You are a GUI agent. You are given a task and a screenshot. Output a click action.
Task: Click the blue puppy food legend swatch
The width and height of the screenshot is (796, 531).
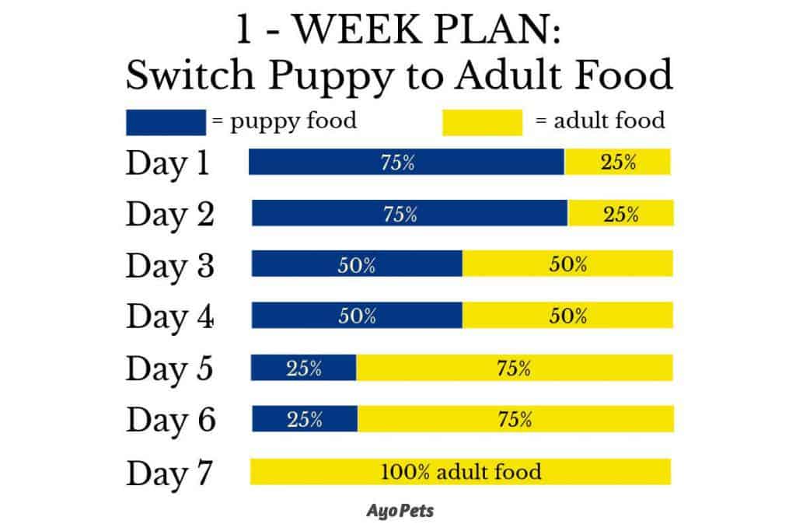coord(166,122)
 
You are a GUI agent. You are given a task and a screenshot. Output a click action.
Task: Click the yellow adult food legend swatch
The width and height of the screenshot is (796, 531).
coord(482,122)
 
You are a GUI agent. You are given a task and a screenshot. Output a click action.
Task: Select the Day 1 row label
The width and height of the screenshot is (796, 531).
coord(167,164)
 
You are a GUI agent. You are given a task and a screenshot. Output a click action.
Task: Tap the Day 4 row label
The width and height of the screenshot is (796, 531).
coord(169,317)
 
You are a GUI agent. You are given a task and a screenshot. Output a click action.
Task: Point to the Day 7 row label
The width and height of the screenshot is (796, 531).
coord(169,473)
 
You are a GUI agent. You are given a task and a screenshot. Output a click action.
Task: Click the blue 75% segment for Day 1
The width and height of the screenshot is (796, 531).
coord(407,162)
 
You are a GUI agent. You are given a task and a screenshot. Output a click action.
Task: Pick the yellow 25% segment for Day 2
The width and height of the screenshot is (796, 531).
coord(621,213)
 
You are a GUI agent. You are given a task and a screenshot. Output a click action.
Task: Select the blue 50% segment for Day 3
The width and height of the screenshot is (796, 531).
coord(357,264)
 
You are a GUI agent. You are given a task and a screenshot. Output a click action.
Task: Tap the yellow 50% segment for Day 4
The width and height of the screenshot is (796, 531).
coord(568,316)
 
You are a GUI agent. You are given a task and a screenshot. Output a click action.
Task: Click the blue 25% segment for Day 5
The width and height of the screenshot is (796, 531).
coord(304,368)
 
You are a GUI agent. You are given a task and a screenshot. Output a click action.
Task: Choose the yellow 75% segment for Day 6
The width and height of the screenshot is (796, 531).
coord(516,419)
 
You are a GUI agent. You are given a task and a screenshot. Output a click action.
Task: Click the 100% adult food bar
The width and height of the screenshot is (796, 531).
coord(461,472)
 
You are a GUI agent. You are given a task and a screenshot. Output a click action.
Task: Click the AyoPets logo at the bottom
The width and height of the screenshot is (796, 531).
coord(400,511)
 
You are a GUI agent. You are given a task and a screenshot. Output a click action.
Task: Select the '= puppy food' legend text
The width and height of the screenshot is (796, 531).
coord(285,122)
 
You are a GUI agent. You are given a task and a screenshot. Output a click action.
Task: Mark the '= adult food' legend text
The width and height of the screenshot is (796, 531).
coord(600,121)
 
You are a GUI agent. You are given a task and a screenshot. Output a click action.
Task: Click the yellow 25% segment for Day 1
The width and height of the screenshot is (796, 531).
coord(618,162)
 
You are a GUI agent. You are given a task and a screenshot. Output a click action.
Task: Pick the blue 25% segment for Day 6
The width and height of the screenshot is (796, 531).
coord(305,419)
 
